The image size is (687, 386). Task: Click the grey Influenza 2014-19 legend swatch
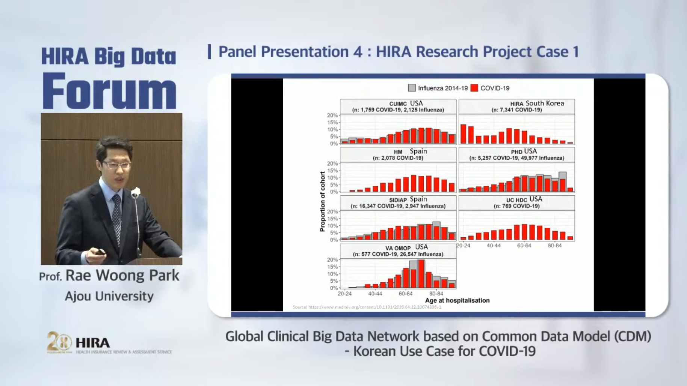tap(412, 88)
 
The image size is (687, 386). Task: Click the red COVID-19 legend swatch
tap(474, 88)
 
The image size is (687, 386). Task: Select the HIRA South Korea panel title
tap(516, 106)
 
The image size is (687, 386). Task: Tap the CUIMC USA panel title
tap(398, 106)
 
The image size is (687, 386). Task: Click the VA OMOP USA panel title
tap(398, 250)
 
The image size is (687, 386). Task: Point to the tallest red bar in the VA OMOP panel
tap(421, 274)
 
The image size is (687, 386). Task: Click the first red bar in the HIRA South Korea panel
tap(463, 134)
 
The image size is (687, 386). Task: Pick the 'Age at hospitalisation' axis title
tap(457, 300)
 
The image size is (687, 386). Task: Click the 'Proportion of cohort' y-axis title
tap(322, 201)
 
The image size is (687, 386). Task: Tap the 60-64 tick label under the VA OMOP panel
tap(405, 294)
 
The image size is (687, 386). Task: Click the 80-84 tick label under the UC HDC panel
tap(554, 246)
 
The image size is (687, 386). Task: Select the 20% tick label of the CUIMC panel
tap(332, 115)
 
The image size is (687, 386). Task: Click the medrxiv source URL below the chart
tap(367, 307)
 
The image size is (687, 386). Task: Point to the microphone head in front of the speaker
tap(136, 192)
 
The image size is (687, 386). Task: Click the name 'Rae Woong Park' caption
tap(122, 276)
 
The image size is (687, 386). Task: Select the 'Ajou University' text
tap(109, 296)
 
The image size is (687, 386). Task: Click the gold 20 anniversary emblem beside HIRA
tap(59, 342)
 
